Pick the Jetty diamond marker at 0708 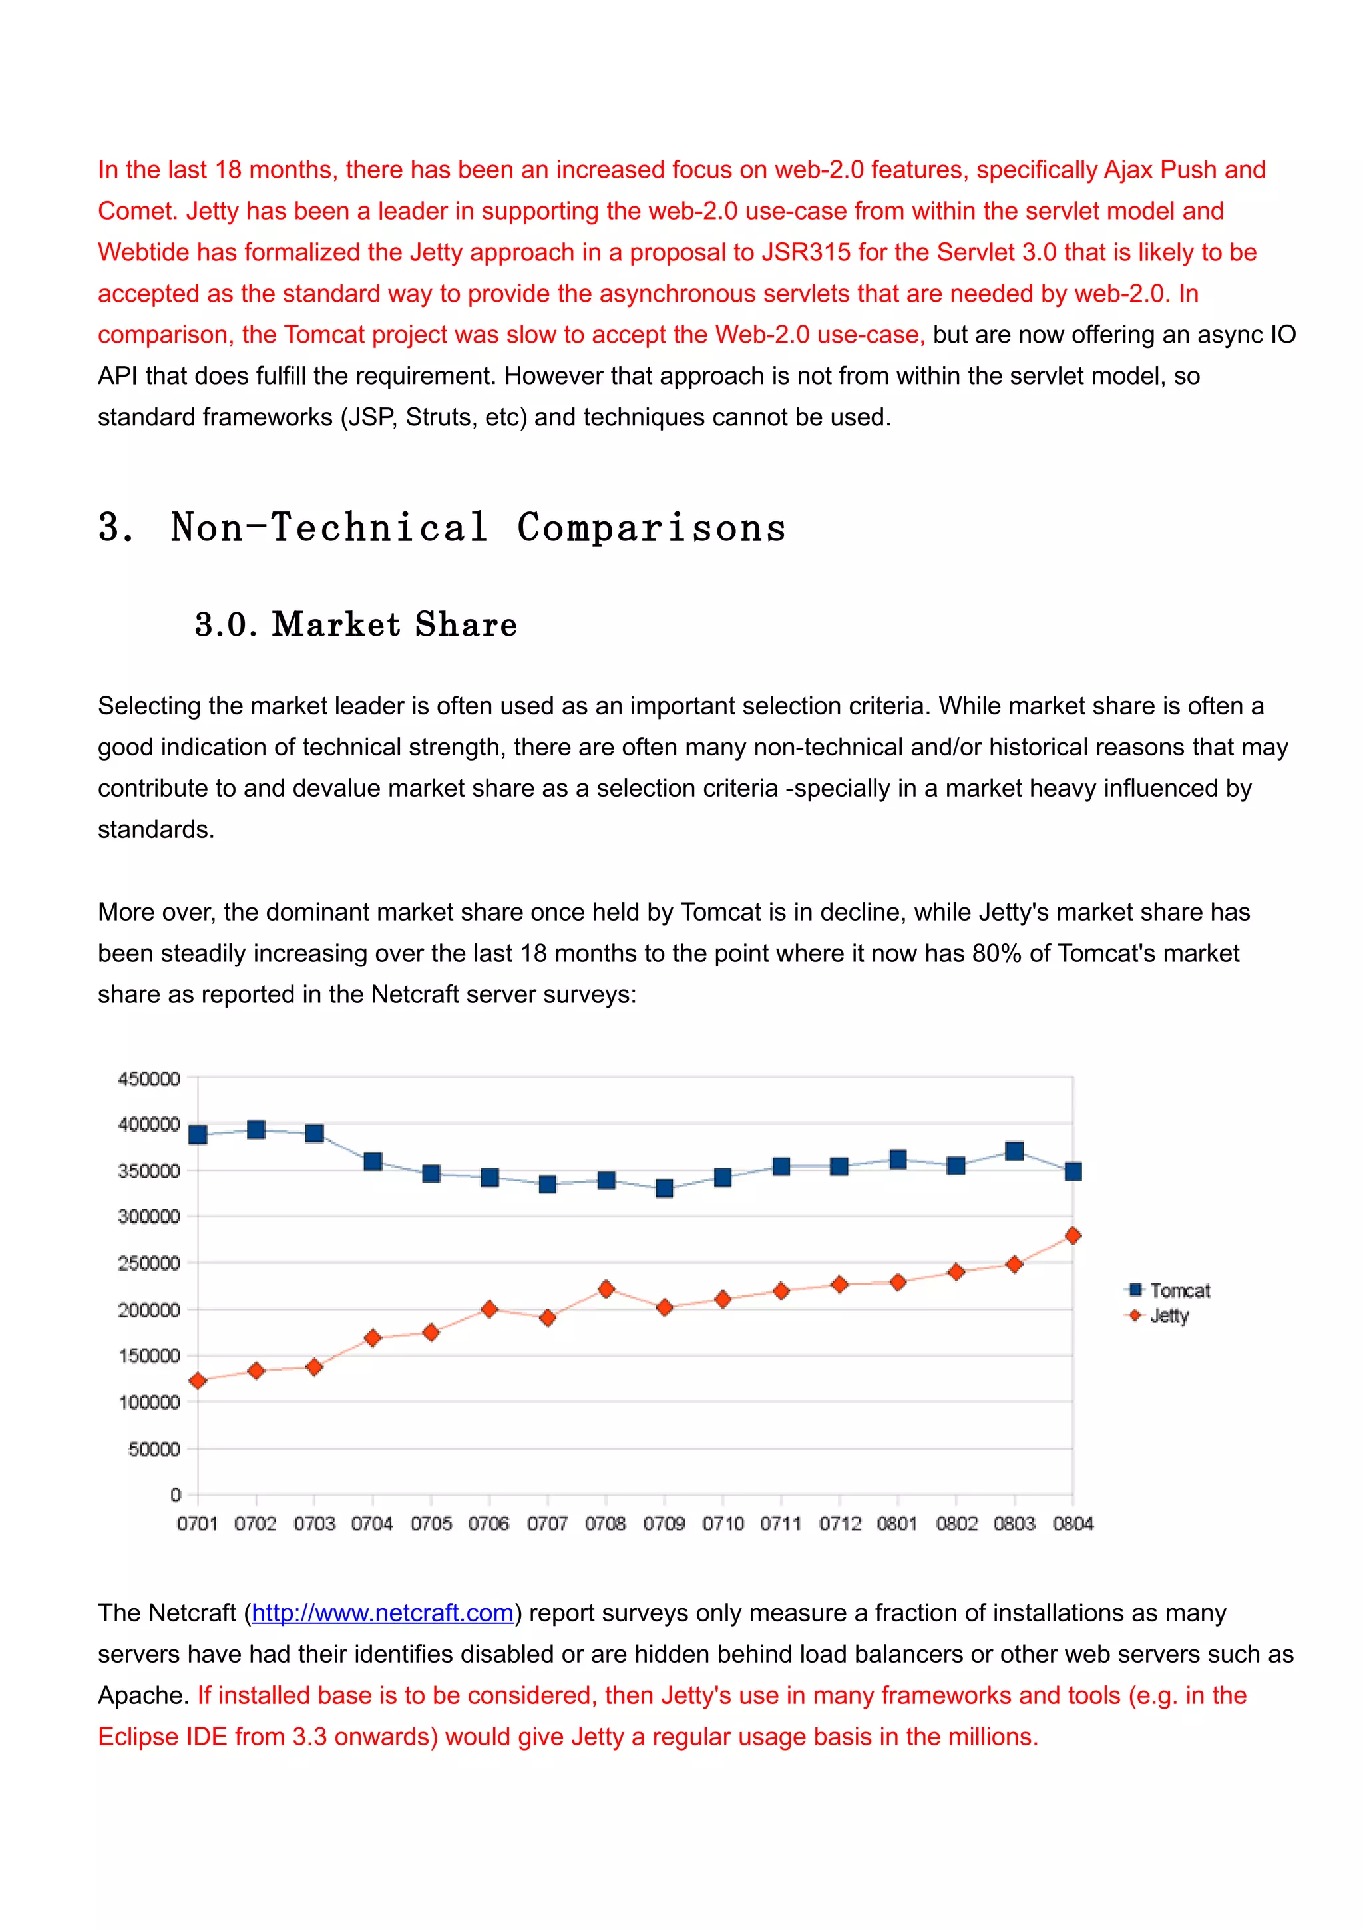coord(606,1289)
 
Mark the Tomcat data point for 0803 coord(1014,1151)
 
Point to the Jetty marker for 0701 coord(198,1381)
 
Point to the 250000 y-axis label coord(148,1263)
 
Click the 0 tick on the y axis coord(176,1494)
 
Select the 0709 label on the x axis coord(664,1523)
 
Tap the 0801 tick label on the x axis coord(897,1523)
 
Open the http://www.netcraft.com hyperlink coord(382,1612)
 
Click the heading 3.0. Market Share coord(355,624)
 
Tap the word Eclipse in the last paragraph coord(138,1736)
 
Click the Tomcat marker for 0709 coord(664,1188)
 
